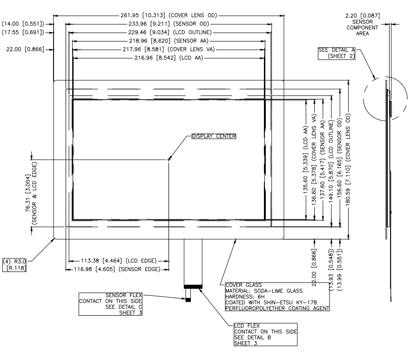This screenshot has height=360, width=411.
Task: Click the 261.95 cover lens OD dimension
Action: coord(169,15)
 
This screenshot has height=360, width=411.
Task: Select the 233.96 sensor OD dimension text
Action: coord(169,24)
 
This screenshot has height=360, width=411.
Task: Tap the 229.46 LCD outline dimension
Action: coord(169,32)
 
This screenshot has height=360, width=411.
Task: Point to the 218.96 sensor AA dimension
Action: coord(168,41)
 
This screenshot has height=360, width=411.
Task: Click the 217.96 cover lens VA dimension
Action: coord(169,49)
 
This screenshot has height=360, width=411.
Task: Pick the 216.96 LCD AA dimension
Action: coord(169,58)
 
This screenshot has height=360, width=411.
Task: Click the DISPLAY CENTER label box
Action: coord(214,136)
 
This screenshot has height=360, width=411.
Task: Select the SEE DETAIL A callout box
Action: coord(337,53)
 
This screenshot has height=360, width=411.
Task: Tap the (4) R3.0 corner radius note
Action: coord(14,265)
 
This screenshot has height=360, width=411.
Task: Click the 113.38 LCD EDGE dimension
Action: coord(119,261)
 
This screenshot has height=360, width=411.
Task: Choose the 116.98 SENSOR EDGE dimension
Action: coord(117,269)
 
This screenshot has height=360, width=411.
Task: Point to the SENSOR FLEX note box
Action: coord(111,304)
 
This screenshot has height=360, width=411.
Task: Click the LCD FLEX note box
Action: coord(265,334)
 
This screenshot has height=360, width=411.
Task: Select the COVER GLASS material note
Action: coord(277,297)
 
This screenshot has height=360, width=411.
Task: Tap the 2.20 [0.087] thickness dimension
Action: coord(363,16)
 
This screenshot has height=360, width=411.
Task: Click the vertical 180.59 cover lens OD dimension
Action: coord(348,159)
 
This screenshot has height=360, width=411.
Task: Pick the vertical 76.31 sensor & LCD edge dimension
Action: coord(31,193)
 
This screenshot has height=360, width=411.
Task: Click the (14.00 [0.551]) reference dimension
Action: coord(23,24)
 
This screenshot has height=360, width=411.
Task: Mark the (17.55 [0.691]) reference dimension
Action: coord(23,32)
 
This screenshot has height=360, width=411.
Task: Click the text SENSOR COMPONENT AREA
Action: coord(363,27)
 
